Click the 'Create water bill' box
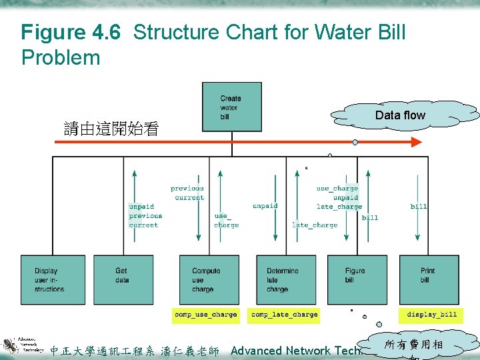tap(231, 107)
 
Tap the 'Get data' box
tap(123, 280)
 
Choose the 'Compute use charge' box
tap(209, 280)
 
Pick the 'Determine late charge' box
tap(286, 280)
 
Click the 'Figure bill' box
tap(357, 280)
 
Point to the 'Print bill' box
tap(429, 280)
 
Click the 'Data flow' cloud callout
tap(400, 115)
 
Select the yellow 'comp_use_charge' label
tap(205, 315)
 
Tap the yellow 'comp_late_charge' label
tap(284, 315)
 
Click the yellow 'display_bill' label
tap(432, 315)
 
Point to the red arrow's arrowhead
tap(416, 142)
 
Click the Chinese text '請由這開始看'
tap(111, 129)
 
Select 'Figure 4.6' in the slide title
tap(71, 32)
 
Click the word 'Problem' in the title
tap(61, 58)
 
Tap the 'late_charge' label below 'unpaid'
tap(315, 225)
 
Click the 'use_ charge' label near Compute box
tap(226, 221)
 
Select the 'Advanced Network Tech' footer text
tap(296, 351)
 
